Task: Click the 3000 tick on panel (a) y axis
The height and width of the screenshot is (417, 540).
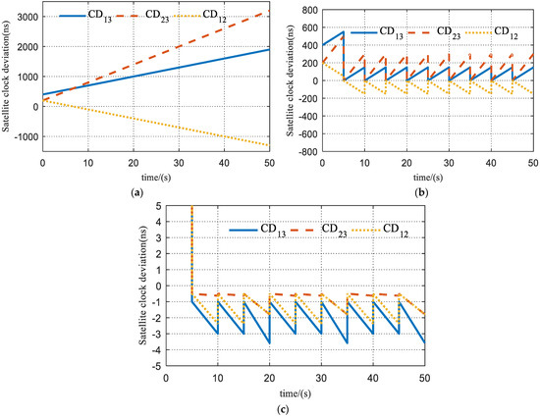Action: pos(24,17)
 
